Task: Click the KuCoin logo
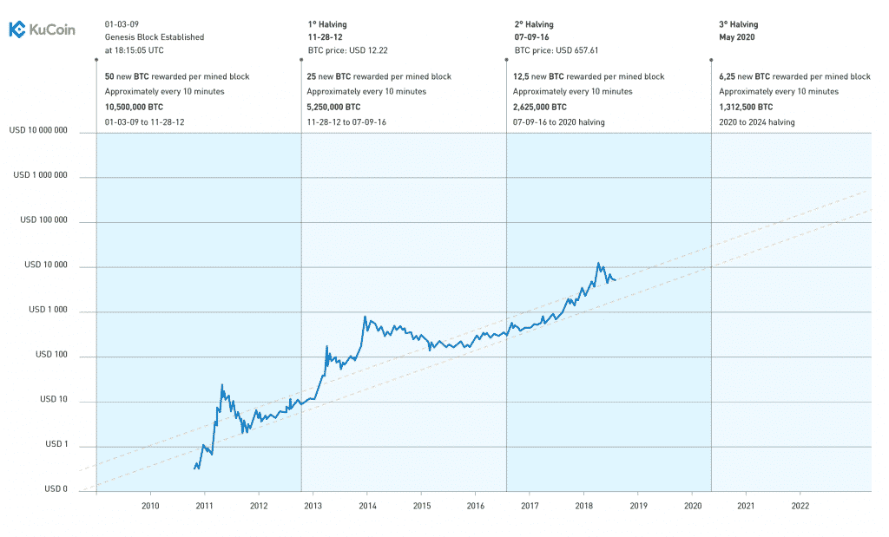coord(42,29)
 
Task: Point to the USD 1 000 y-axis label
coord(48,310)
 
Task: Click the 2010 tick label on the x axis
coord(150,505)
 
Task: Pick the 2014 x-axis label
coord(367,505)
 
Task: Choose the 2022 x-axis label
coord(800,505)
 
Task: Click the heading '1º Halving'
coord(326,24)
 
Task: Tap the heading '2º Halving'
coord(533,24)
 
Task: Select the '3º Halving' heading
coord(740,24)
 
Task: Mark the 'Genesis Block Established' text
coord(154,37)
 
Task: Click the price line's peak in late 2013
coord(365,317)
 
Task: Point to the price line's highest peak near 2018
coord(597,263)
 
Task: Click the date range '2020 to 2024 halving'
coord(757,122)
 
